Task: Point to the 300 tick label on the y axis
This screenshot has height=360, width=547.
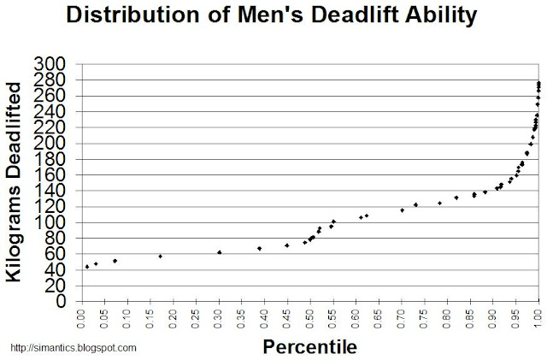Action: (49, 64)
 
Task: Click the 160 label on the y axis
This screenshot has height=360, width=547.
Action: (49, 175)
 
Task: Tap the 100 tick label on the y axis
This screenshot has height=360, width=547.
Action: (49, 222)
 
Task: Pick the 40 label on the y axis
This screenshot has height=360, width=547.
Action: (53, 270)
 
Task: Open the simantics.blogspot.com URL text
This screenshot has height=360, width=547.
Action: (73, 348)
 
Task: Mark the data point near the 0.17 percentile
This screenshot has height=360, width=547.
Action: (160, 256)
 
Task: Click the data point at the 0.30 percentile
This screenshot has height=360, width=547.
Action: (220, 252)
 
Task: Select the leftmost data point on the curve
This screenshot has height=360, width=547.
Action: (87, 267)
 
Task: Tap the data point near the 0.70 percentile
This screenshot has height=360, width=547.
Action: (402, 210)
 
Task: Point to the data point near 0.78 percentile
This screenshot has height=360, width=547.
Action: (439, 203)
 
